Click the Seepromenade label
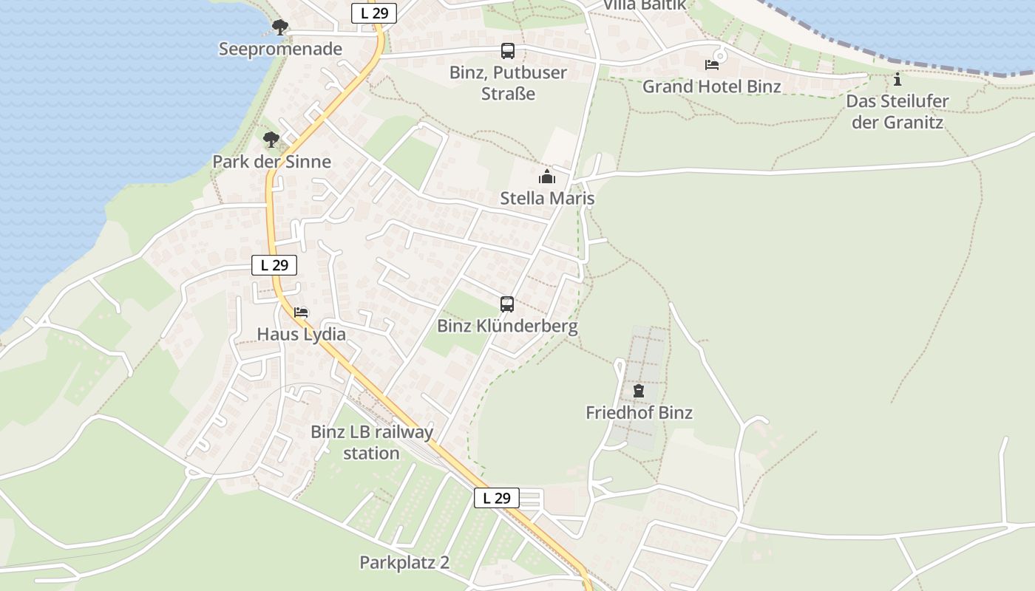pos(280,49)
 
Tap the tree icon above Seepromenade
pos(279,28)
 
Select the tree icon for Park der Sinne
pos(271,139)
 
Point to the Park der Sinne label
pos(271,162)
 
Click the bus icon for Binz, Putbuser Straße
pos(507,51)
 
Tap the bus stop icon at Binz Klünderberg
pos(507,304)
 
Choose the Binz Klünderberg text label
pos(507,326)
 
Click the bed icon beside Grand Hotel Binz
pos(712,65)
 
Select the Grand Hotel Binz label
pos(711,86)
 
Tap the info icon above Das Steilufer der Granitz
pos(897,79)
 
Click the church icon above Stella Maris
pos(547,177)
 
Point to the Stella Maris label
pos(547,199)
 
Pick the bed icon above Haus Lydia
pos(301,312)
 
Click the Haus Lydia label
pos(301,335)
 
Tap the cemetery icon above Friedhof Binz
pos(639,391)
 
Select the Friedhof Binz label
pos(639,413)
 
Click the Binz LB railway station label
pos(372,443)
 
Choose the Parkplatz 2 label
pos(404,563)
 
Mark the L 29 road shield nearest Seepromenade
pos(374,13)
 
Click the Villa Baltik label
pos(645,5)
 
